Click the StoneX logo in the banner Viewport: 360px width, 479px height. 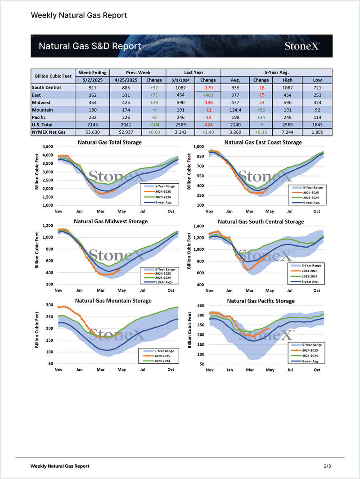[302, 46]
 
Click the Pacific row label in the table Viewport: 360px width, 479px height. [42, 117]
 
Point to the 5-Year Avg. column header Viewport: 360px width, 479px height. [276, 72]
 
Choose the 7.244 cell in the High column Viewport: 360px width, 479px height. [288, 132]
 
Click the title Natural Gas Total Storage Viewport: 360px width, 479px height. [109, 142]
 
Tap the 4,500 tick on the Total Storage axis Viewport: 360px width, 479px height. [47, 147]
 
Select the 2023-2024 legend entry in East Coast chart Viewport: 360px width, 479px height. [311, 198]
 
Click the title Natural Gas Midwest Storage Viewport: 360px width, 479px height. [110, 221]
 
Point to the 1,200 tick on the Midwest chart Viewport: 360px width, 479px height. [47, 226]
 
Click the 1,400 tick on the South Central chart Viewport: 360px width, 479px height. [198, 226]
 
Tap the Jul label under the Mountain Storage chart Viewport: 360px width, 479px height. [142, 370]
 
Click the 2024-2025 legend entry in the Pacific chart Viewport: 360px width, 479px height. [311, 350]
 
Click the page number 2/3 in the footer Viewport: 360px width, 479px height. [327, 466]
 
